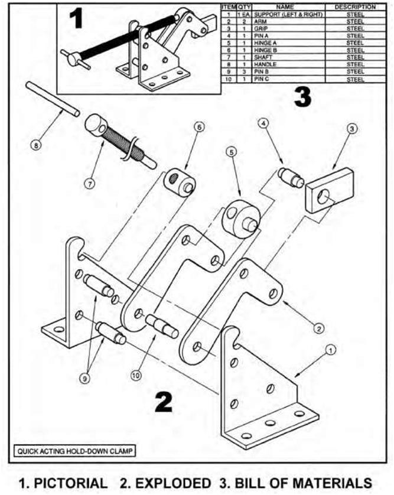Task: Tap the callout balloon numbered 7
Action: pyautogui.click(x=89, y=183)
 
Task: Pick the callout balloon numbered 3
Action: pyautogui.click(x=351, y=128)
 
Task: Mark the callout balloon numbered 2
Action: pyautogui.click(x=318, y=328)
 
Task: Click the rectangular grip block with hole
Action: pyautogui.click(x=328, y=190)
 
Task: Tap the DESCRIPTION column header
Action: pyautogui.click(x=355, y=6)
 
